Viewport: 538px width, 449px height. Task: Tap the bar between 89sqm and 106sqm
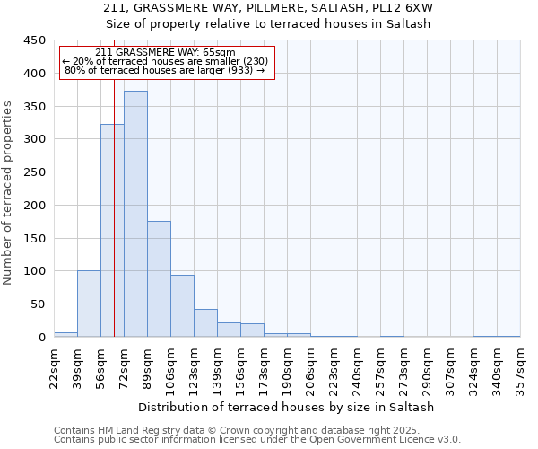coord(159,278)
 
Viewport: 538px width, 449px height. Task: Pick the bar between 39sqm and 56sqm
coord(89,304)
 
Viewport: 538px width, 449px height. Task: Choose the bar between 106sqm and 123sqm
coord(182,305)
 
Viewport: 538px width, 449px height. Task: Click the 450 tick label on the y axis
coord(34,40)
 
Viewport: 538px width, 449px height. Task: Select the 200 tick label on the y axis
coord(34,205)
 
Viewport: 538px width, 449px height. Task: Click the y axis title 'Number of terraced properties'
coord(9,191)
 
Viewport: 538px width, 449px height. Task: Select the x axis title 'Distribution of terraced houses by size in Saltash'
coord(287,407)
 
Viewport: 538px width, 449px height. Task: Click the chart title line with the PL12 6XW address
coord(287,8)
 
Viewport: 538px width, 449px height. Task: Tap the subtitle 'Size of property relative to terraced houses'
coord(287,24)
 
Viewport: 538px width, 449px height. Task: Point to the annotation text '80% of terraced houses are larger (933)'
coord(165,70)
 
